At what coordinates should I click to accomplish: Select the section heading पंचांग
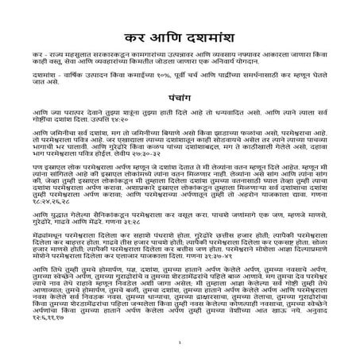point(180,114)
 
